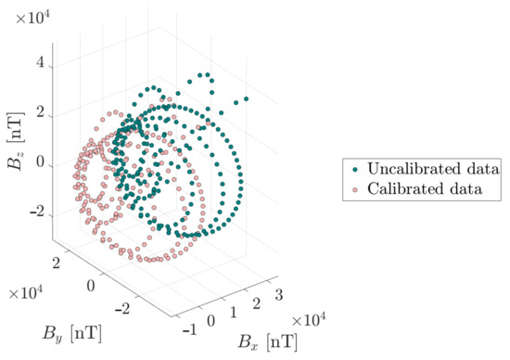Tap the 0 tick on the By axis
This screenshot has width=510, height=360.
click(91, 284)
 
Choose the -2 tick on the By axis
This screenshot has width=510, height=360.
click(123, 305)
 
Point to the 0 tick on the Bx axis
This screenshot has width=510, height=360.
click(212, 320)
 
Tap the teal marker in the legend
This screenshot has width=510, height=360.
click(357, 171)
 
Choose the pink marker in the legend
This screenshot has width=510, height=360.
click(357, 190)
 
